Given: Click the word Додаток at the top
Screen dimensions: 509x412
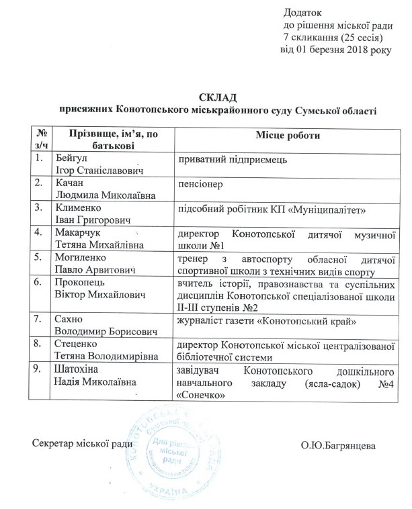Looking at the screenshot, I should pyautogui.click(x=302, y=12).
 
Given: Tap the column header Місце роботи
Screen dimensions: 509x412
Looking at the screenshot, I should pyautogui.click(x=287, y=136).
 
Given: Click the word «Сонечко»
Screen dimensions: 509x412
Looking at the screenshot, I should pyautogui.click(x=203, y=393).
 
